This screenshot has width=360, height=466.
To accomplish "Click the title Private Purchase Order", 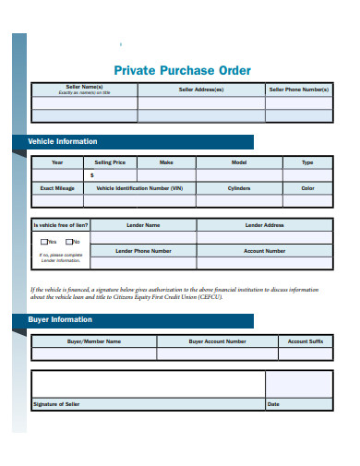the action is [181, 70].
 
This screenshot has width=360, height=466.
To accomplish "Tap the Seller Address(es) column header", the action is [201, 90].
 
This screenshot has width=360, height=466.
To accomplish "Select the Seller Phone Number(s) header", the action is [298, 90].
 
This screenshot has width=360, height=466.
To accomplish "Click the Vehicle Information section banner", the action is [63, 142].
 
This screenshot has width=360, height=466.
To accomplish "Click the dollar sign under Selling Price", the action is [91, 174].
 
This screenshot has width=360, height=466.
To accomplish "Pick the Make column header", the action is [166, 162].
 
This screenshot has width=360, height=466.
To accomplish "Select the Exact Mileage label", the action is [57, 187].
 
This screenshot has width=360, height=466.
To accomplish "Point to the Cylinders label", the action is [239, 187].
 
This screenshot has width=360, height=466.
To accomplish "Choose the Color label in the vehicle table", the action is [307, 187].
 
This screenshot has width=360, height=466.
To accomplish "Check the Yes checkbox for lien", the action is [43, 242].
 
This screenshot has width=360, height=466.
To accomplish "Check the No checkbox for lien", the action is [68, 242].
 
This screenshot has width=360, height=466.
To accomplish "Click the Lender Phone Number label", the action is [143, 251].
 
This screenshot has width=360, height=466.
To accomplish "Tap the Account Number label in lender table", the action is [264, 251].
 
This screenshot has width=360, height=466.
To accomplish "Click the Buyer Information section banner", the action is [60, 320].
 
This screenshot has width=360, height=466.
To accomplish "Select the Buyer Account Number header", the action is [218, 341].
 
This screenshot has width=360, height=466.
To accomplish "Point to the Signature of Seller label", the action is [56, 404].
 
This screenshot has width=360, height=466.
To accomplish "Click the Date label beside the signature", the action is [273, 404].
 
